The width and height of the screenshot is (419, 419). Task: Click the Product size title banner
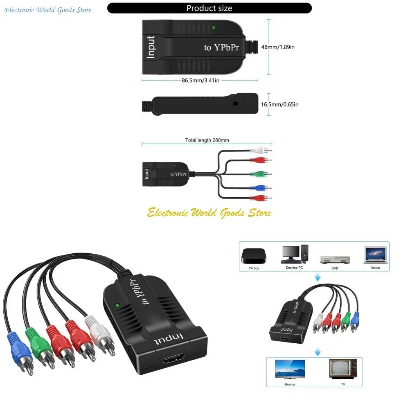pos(209,8)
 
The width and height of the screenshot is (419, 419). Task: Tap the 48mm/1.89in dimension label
pos(278,47)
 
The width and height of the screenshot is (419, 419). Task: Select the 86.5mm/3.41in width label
pos(200,80)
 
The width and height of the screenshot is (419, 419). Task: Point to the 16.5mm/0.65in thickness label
pos(279,104)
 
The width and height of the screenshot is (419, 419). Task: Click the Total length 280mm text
pos(207,140)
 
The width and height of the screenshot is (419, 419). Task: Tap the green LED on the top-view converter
pos(213,28)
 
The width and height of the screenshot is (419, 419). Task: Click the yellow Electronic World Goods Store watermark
pos(209,213)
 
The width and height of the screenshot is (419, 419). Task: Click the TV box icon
pos(254,256)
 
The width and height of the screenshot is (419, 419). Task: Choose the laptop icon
pos(375,255)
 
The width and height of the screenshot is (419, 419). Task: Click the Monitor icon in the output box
pos(290,369)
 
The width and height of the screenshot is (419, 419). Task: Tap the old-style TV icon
pos(343,369)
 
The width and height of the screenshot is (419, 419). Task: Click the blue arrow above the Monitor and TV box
pos(318,351)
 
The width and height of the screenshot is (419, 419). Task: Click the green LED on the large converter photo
pos(117,305)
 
